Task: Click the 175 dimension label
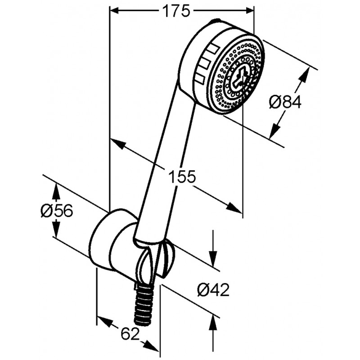click(176, 10)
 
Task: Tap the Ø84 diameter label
click(285, 103)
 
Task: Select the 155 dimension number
click(182, 176)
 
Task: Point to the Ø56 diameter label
click(57, 210)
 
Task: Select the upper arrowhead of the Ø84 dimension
click(305, 75)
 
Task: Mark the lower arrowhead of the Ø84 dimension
click(274, 131)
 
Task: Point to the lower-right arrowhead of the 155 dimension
click(234, 207)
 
